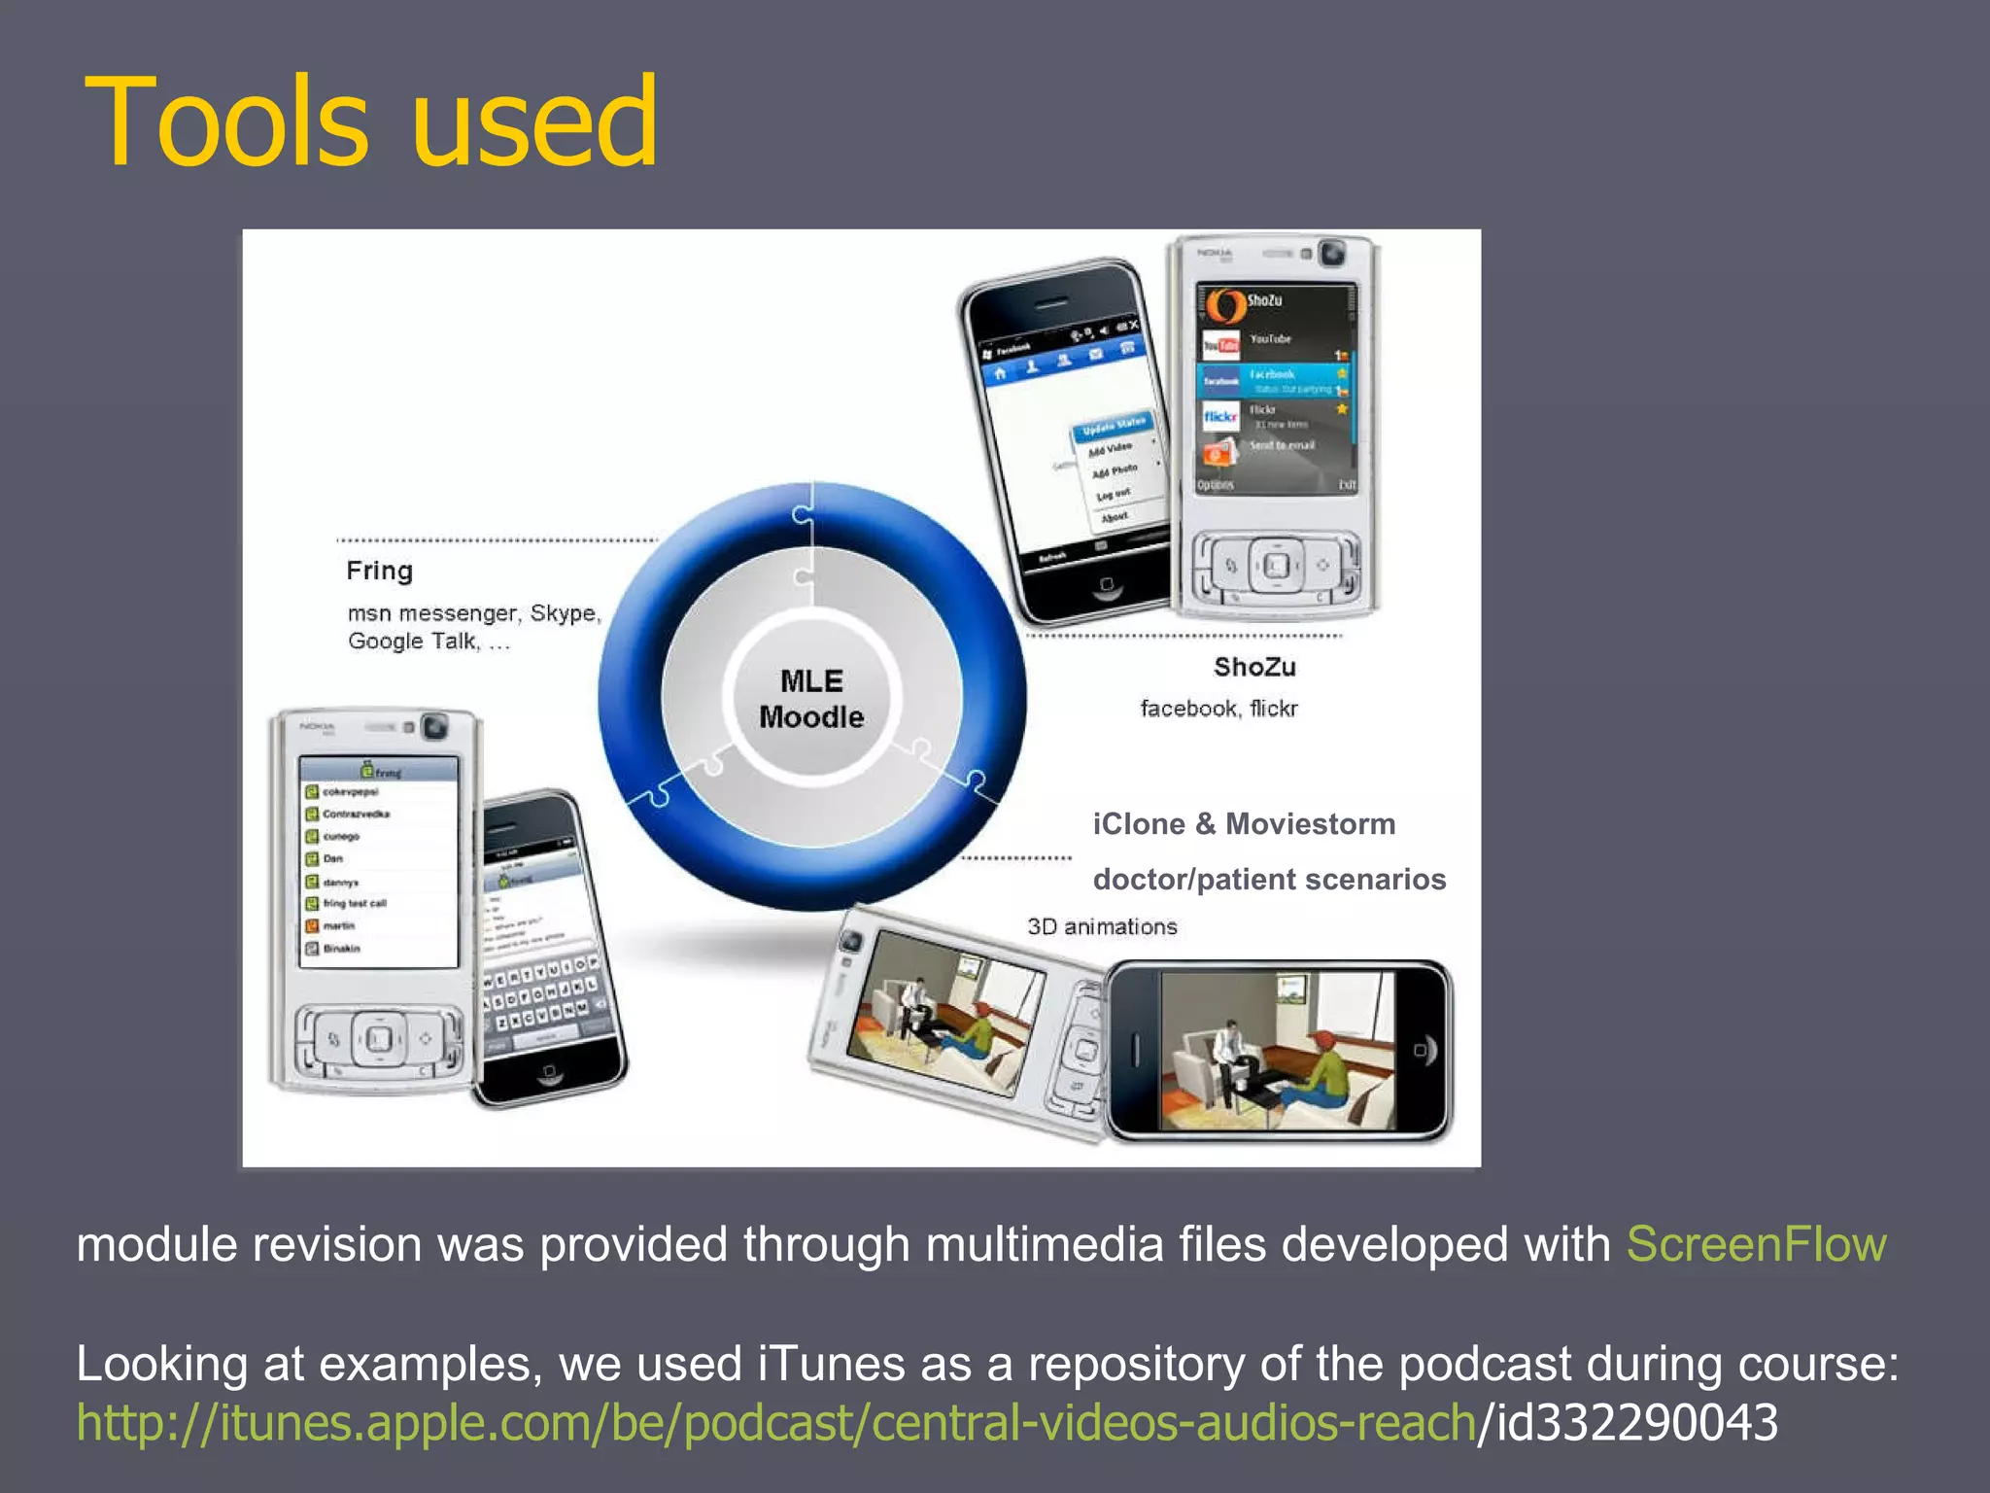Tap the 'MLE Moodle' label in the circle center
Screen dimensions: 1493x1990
point(811,698)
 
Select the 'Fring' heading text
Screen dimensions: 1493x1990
point(379,571)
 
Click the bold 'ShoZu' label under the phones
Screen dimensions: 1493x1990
point(1253,667)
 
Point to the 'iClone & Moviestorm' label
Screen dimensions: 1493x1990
point(1244,824)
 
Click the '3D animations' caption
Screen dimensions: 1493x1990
point(1102,926)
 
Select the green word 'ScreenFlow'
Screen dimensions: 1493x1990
point(1756,1244)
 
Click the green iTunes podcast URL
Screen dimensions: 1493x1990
point(775,1422)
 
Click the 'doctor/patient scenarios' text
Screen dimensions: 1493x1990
point(1269,880)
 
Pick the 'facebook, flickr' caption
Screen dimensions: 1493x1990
point(1218,709)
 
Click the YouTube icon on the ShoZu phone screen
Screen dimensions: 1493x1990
point(1220,343)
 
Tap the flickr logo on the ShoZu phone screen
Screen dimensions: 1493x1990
point(1220,417)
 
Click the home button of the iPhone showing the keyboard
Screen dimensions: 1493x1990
point(549,1072)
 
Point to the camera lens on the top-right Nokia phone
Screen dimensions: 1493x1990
point(1332,254)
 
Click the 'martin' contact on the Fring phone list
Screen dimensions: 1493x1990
point(338,926)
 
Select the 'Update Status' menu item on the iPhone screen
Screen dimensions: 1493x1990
point(1114,426)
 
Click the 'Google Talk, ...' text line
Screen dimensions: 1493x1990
point(429,642)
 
